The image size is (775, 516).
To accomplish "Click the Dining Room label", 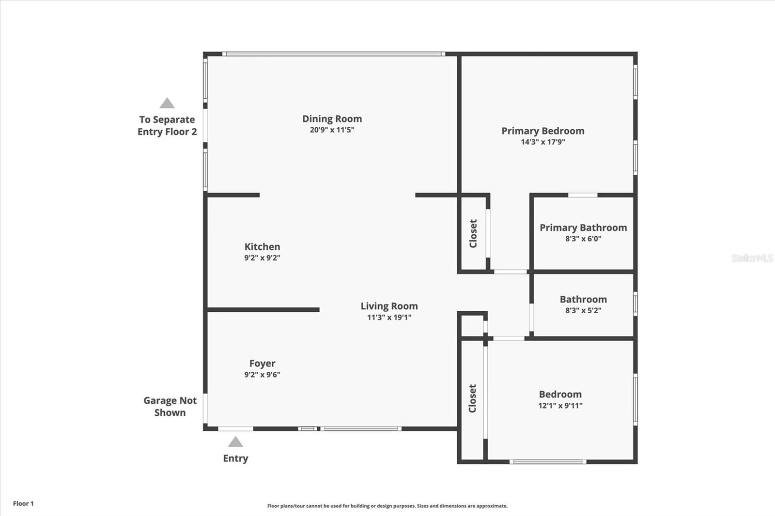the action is click(x=332, y=119).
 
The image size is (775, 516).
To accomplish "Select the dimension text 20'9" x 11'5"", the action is click(x=332, y=130).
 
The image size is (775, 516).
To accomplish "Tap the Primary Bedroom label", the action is click(x=543, y=131).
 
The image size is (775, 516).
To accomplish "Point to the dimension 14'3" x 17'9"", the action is click(x=543, y=142).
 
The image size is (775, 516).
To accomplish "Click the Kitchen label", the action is click(x=262, y=246).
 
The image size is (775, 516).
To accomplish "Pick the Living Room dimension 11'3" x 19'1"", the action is click(x=389, y=317).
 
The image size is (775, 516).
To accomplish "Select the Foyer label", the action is click(x=262, y=364).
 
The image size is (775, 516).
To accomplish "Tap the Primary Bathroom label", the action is click(x=583, y=228).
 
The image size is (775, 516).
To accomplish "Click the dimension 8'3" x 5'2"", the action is click(x=583, y=310).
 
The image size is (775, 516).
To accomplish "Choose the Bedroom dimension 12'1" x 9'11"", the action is click(x=560, y=405).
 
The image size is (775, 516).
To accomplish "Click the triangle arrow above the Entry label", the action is click(x=235, y=441).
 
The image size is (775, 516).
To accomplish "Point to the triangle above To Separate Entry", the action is click(x=167, y=103).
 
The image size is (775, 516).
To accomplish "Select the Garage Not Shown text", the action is click(x=170, y=407).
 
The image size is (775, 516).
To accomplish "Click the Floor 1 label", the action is click(x=23, y=503).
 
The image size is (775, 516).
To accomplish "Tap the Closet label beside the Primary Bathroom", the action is click(x=473, y=233).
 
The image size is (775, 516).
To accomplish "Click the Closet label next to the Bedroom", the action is click(x=472, y=398).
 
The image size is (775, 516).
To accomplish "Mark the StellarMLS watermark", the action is click(x=752, y=258).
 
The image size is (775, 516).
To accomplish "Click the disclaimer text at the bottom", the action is click(x=387, y=506).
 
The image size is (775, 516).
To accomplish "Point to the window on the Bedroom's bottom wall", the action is click(x=548, y=462).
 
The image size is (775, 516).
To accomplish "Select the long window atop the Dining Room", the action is click(x=334, y=54).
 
